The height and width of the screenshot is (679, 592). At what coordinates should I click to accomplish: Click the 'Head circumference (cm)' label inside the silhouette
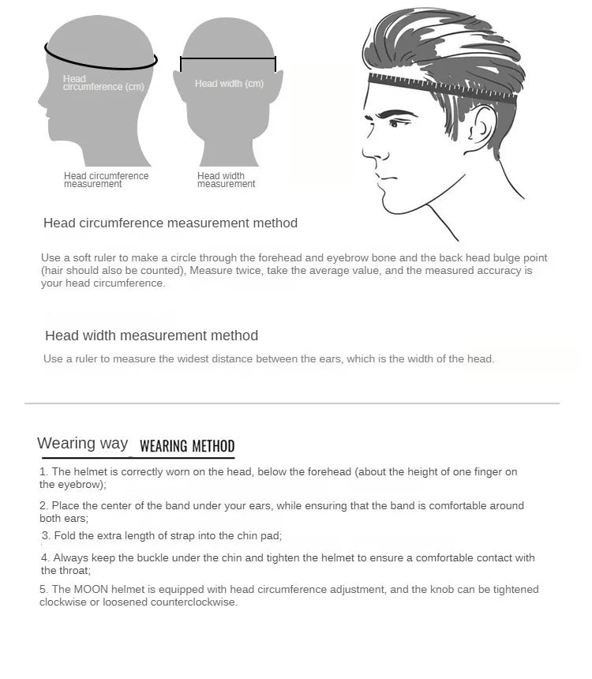point(103,83)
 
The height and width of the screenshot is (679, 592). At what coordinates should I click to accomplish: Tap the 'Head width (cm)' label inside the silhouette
point(229,84)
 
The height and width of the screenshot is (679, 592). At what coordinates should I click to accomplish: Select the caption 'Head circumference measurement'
point(106,180)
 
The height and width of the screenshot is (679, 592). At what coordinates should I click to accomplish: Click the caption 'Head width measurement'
point(226,180)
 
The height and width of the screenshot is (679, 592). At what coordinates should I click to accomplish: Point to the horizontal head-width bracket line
point(228,58)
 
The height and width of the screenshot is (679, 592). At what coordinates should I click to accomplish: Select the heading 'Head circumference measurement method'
point(170,223)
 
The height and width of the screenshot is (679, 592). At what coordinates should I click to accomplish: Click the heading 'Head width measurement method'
point(152,336)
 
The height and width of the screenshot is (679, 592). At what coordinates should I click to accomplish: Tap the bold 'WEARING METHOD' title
point(187,446)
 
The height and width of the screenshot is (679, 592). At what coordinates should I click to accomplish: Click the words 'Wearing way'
point(82,443)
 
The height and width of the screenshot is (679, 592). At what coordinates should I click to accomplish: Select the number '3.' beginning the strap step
point(46,536)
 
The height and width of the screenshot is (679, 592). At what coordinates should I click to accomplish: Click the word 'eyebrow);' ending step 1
point(72,485)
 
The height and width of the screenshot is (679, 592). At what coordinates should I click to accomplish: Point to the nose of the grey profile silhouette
point(40,100)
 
